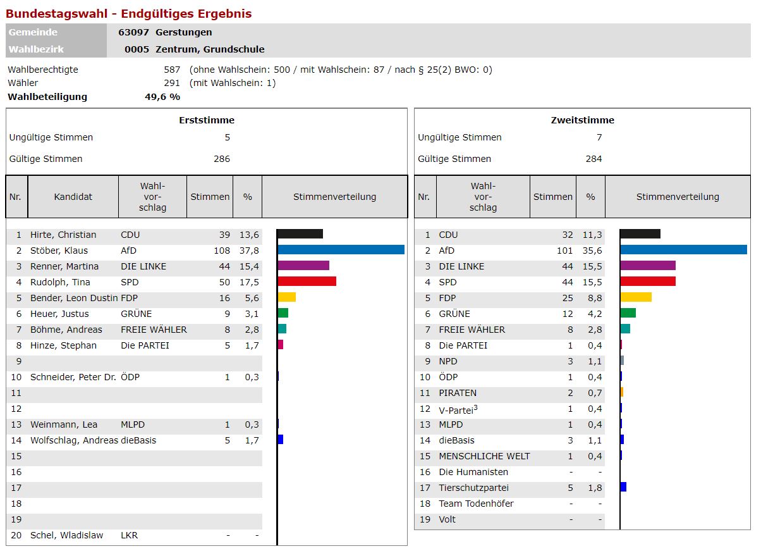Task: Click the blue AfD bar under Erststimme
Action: pyautogui.click(x=341, y=250)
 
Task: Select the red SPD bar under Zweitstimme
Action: pyautogui.click(x=648, y=282)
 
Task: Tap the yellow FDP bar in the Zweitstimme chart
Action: pyautogui.click(x=636, y=297)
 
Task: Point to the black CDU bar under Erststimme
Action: pyautogui.click(x=300, y=234)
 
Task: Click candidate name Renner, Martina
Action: pyautogui.click(x=64, y=266)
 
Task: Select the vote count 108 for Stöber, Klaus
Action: pyautogui.click(x=222, y=251)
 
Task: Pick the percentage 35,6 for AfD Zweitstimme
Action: pyautogui.click(x=594, y=251)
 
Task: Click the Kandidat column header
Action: pyautogui.click(x=73, y=197)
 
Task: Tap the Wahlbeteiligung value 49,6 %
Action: pyautogui.click(x=162, y=97)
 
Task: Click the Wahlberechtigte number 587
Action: pyautogui.click(x=172, y=70)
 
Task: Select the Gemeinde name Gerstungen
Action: pyautogui.click(x=184, y=32)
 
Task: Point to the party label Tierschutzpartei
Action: pyautogui.click(x=473, y=488)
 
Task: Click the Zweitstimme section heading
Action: pyautogui.click(x=582, y=120)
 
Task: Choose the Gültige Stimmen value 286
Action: pyautogui.click(x=222, y=159)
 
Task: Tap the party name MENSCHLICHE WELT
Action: pyautogui.click(x=484, y=456)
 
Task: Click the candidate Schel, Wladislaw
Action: pyautogui.click(x=66, y=535)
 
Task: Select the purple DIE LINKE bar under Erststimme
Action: pyautogui.click(x=303, y=266)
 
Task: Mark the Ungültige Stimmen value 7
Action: pyautogui.click(x=599, y=137)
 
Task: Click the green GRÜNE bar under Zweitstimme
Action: pyautogui.click(x=628, y=313)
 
